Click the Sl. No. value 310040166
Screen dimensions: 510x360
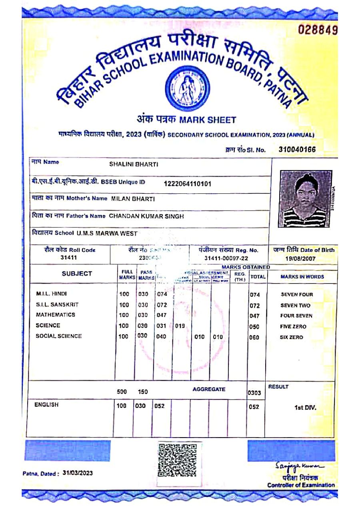pos(297,150)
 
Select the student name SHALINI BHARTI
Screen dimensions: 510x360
pos(134,164)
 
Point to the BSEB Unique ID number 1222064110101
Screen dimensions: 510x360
pos(188,184)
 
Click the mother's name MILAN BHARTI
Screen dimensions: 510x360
pos(133,199)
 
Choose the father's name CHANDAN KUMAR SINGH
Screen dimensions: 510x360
pos(146,216)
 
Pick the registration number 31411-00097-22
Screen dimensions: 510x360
pos(226,259)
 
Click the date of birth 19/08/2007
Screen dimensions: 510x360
pos(300,259)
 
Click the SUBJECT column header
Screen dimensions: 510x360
pos(77,274)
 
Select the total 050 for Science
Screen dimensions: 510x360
pos(254,327)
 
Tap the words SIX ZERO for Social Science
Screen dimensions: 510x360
pos(291,337)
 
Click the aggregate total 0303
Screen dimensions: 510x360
pos(254,393)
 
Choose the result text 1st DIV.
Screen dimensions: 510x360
pos(305,408)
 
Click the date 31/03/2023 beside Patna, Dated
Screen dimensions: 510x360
pos(78,473)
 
